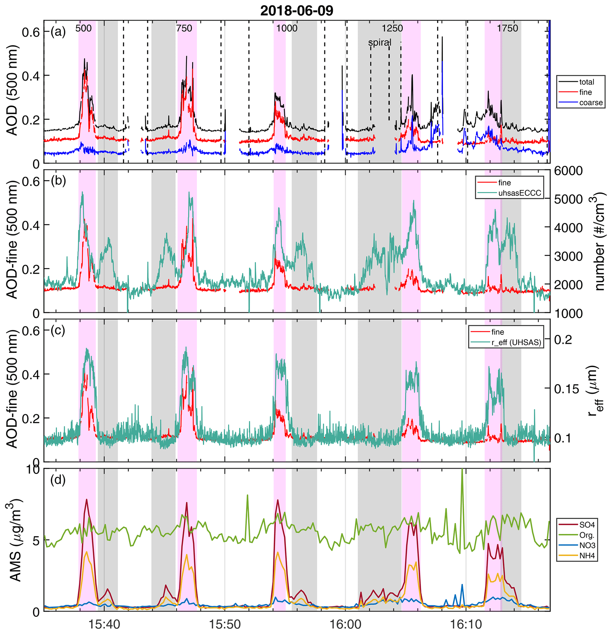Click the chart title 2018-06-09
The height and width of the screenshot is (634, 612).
296,11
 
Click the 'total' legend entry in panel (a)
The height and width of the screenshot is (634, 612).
587,82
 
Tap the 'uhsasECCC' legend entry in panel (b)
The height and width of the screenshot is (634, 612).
519,193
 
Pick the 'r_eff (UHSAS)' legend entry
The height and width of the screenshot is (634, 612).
516,342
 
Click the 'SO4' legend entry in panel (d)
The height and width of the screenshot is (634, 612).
587,524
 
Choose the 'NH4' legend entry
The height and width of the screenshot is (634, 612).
587,556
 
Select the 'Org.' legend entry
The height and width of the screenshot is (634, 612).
587,535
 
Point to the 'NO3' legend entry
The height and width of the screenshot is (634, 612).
587,546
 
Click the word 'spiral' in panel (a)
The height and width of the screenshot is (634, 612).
380,42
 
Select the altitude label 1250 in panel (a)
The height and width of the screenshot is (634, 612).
392,28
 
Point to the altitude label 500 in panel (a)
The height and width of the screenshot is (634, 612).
83,28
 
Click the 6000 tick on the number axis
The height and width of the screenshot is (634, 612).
568,171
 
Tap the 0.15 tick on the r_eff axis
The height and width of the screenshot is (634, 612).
566,389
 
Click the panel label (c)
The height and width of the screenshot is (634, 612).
58,330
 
